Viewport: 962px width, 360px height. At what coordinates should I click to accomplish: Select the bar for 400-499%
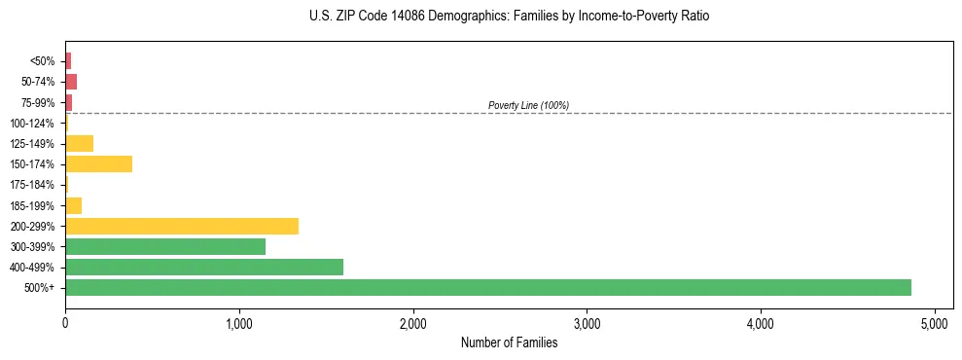204,267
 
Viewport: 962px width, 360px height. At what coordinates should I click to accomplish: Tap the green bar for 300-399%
165,246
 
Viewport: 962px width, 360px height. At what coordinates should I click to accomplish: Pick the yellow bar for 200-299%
182,226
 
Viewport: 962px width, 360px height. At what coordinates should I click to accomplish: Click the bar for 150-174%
98,163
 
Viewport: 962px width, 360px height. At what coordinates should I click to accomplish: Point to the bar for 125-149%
79,143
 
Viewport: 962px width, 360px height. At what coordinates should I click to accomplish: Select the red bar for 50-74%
71,81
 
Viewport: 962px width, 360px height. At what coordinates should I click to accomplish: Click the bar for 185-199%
73,205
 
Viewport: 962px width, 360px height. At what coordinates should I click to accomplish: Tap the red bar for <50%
68,60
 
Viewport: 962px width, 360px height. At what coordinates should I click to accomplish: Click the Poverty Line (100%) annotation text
528,105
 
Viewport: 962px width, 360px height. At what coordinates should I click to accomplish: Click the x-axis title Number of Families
509,342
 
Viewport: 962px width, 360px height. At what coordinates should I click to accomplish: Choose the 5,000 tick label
935,322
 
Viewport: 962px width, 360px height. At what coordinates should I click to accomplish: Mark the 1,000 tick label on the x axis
239,322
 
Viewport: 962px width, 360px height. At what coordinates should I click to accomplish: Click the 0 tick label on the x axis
65,322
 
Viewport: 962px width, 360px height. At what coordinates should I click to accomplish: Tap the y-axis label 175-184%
33,185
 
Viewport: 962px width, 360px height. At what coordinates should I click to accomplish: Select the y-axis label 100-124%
33,123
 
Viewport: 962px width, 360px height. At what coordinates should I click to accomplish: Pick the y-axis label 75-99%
37,102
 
